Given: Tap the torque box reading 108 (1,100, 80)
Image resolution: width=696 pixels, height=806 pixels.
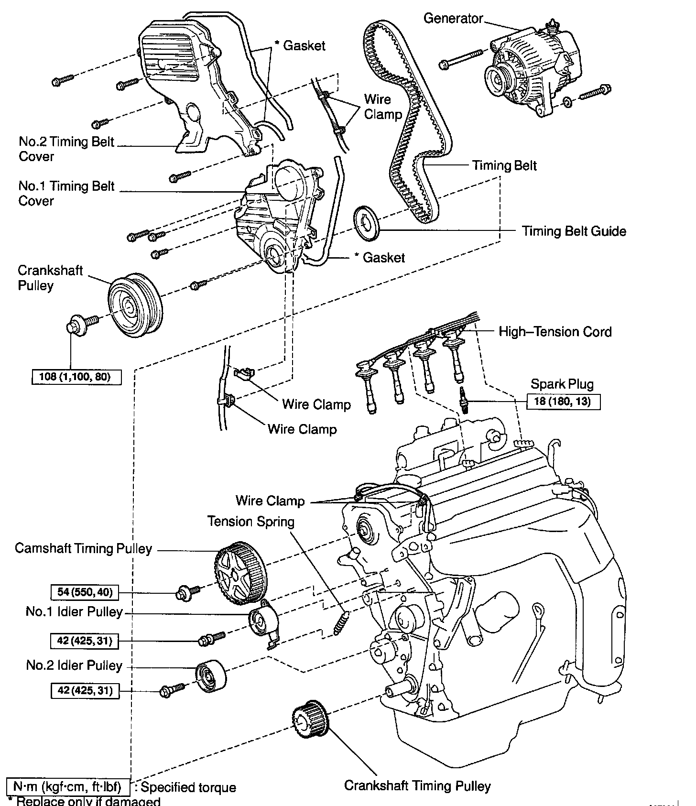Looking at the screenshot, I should pos(76,377).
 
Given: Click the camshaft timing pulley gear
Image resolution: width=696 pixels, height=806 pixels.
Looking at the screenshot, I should pos(240,574).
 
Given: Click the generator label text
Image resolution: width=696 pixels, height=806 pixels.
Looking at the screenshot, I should pos(453,19).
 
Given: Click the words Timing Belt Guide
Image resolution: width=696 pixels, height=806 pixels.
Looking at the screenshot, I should pos(574,231).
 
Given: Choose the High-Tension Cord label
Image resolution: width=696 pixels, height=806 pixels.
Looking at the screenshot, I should pos(555,332).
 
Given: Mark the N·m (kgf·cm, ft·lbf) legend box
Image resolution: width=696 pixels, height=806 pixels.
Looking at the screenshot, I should pos(68,786).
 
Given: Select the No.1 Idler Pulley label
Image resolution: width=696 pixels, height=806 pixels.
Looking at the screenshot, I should pos(74,612).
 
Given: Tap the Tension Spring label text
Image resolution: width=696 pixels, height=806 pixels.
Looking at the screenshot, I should pos(250,521).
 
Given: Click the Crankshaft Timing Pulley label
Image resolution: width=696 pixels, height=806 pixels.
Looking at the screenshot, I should pos(417,786).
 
